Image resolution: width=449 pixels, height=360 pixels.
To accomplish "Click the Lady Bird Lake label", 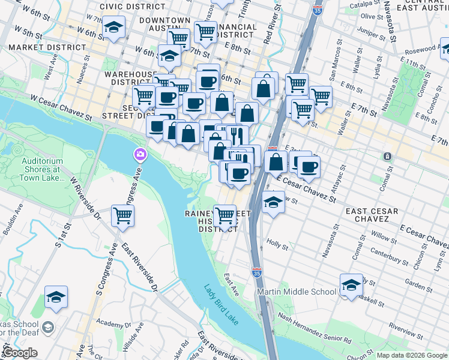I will point(220,304).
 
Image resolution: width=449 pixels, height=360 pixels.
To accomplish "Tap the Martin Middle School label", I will point(296,292).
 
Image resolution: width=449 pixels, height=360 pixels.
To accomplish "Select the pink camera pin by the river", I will point(139,155).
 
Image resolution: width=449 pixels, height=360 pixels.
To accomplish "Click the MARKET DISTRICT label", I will point(47,47).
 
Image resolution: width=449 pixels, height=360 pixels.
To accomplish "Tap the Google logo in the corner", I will point(20,353).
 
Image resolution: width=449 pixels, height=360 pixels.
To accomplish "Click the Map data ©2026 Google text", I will point(412,355).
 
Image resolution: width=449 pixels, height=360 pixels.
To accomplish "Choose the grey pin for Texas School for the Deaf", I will point(49,328).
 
